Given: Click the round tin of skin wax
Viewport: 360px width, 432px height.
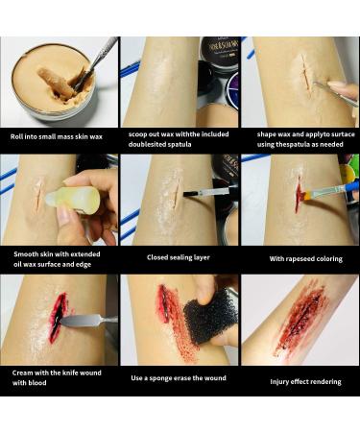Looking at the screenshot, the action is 54,86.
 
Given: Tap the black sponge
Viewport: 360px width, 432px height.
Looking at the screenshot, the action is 209,318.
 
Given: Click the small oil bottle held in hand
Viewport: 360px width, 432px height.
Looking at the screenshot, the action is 73,201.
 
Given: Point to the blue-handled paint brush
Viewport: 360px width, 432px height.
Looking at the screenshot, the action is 326,191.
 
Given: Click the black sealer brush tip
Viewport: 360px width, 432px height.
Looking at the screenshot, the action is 186,194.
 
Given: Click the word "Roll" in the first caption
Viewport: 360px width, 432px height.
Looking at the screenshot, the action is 16,136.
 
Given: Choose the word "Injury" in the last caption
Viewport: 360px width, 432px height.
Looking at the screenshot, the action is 279,382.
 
